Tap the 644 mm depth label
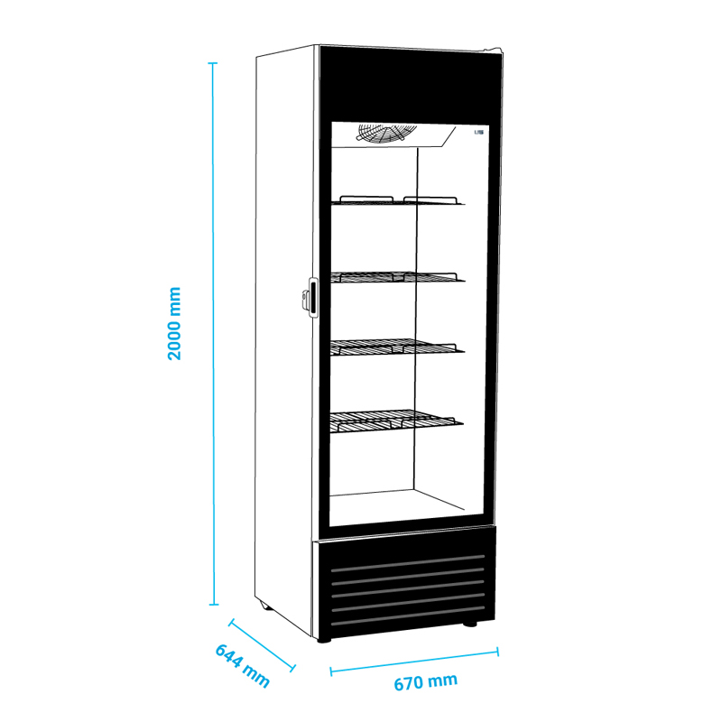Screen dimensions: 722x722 click(x=242, y=666)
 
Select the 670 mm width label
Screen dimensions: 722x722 click(x=425, y=682)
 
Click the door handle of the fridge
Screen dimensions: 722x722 click(x=310, y=297)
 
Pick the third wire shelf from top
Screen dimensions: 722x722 click(x=397, y=346)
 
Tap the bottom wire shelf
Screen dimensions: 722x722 click(x=397, y=420)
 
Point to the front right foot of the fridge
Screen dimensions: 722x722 click(x=470, y=625)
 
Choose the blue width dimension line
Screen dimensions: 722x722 click(x=414, y=660)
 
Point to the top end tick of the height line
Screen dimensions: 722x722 click(x=214, y=63)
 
